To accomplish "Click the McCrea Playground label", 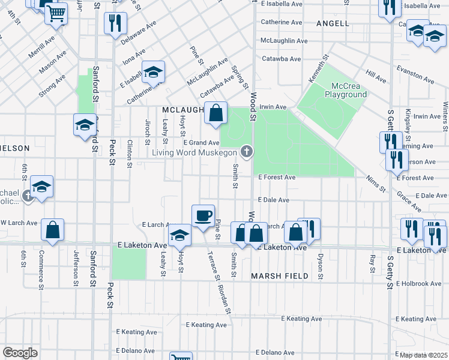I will [345, 90].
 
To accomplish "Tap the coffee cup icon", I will [203, 215].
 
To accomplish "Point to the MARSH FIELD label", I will [280, 276].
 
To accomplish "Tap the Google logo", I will [20, 352].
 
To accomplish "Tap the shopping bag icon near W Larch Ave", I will [52, 230].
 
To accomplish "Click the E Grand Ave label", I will [201, 143].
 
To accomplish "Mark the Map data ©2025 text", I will [423, 355].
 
